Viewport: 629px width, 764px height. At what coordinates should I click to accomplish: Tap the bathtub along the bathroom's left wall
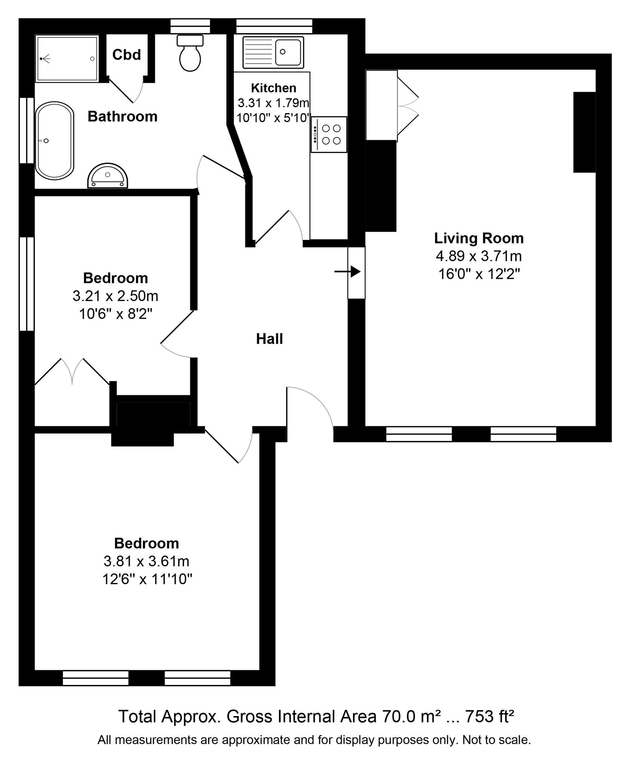[x=55, y=141]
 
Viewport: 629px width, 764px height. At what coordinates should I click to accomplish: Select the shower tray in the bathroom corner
[x=67, y=58]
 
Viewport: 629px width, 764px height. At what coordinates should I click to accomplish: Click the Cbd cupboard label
[x=127, y=55]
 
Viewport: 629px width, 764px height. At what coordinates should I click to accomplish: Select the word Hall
[x=270, y=339]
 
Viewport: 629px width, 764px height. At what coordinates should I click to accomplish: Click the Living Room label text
[x=479, y=238]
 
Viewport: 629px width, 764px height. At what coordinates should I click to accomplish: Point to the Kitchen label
[x=274, y=88]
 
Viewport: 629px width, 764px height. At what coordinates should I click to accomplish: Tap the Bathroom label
[x=122, y=117]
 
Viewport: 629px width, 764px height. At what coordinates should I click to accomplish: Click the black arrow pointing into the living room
[x=348, y=271]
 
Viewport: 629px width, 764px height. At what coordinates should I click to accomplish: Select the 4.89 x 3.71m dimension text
[x=479, y=256]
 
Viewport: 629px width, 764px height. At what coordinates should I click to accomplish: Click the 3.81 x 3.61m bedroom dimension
[x=147, y=561]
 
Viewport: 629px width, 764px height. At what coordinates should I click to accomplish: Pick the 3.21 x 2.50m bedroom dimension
[x=116, y=296]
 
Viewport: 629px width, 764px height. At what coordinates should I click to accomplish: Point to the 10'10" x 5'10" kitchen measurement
[x=274, y=118]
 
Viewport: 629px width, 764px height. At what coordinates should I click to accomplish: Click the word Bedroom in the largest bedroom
[x=147, y=543]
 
